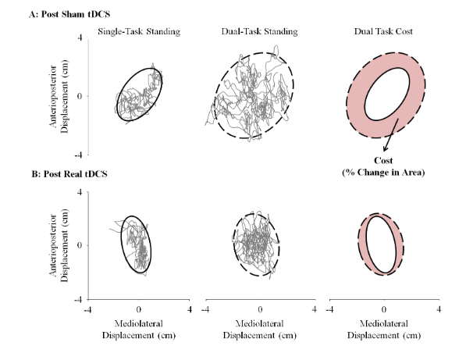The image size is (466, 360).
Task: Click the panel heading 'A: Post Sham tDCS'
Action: point(69,14)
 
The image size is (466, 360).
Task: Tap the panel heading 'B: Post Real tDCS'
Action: point(69,173)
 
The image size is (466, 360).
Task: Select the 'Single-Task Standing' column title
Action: point(139,31)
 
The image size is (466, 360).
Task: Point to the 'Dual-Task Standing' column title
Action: point(259,31)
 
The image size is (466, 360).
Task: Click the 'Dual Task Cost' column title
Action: point(383,31)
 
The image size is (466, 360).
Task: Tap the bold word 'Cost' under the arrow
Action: point(383,161)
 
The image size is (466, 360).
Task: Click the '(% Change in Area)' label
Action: point(383,173)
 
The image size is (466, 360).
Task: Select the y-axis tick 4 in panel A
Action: point(80,37)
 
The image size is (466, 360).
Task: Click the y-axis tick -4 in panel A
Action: point(78,155)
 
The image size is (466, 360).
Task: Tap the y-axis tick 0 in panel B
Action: point(80,245)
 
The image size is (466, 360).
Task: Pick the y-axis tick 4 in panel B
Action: point(80,192)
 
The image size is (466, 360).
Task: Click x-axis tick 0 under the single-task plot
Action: point(139,310)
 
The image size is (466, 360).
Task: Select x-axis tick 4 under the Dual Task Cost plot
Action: point(439,310)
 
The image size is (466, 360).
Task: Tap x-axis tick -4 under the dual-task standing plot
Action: point(205,310)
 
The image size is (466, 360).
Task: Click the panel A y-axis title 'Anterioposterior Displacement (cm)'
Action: point(59,96)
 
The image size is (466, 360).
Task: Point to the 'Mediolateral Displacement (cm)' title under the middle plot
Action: point(259,330)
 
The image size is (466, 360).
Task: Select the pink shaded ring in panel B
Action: point(362,244)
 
